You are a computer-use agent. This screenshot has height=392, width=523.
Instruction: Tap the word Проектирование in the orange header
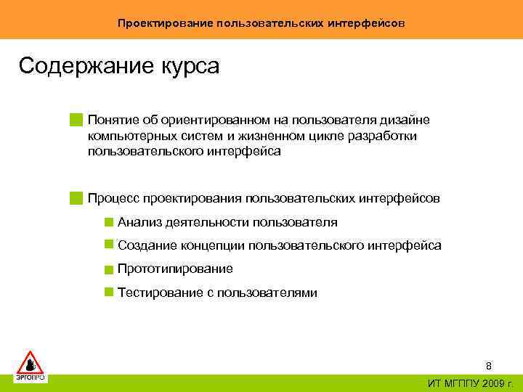click(164, 23)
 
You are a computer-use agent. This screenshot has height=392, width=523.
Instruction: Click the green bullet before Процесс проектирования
click(76, 198)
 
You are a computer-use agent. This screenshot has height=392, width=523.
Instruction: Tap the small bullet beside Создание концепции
click(108, 246)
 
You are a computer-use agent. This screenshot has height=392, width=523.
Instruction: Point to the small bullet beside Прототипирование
click(108, 270)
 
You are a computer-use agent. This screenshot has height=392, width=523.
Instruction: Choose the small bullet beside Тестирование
click(108, 293)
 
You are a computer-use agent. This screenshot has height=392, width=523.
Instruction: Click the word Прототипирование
click(175, 269)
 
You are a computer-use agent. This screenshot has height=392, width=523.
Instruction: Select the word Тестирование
click(155, 293)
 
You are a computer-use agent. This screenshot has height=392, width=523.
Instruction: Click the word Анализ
click(137, 223)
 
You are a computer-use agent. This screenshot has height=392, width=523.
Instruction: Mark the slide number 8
click(489, 367)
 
